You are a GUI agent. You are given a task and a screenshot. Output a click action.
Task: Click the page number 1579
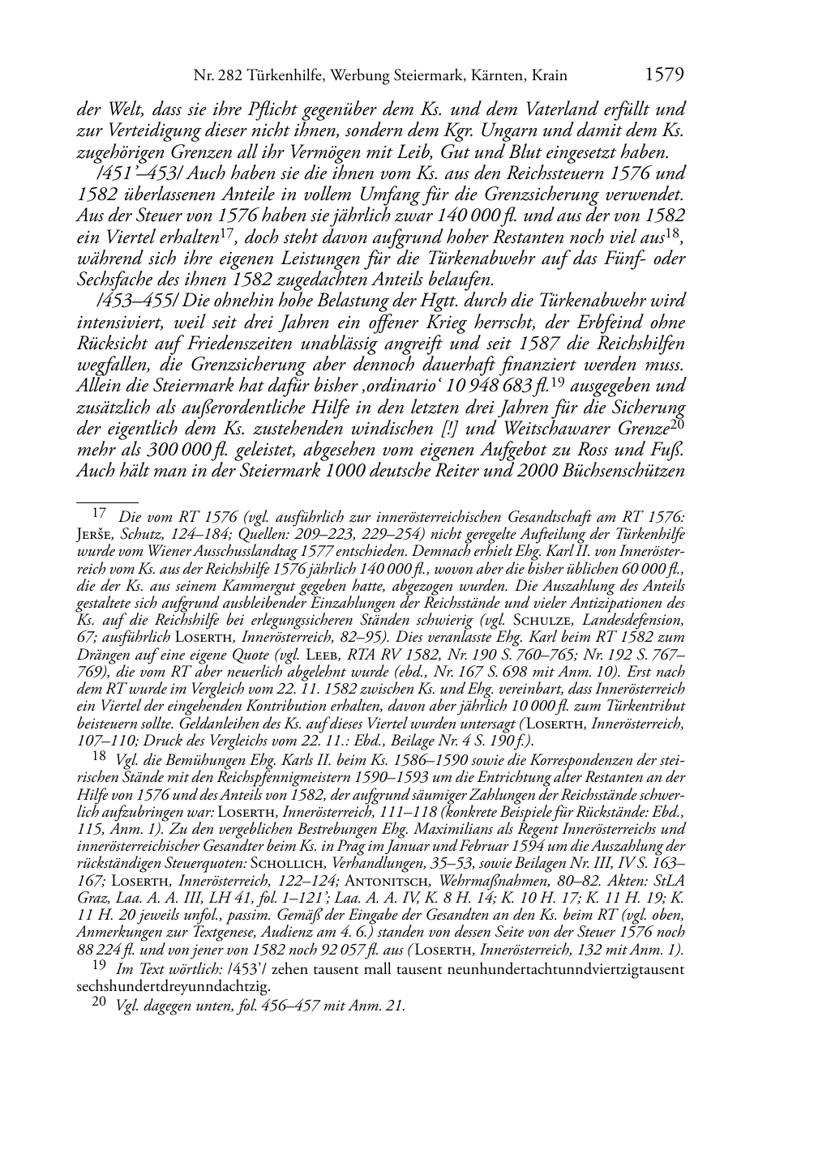tap(665, 75)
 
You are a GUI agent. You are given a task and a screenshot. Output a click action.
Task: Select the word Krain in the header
tap(548, 76)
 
